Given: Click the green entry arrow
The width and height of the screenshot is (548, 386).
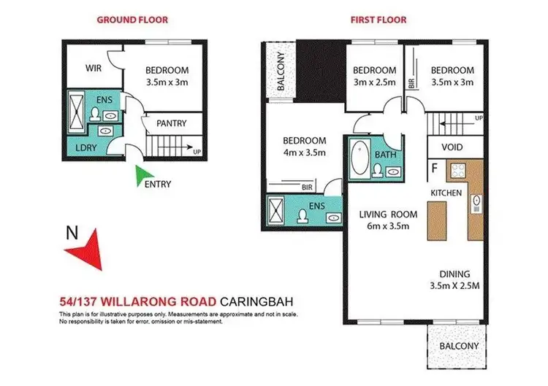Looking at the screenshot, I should point(145,174).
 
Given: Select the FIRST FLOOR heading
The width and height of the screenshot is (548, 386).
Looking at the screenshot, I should point(378,20).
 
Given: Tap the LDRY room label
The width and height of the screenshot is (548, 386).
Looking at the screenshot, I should point(78,147).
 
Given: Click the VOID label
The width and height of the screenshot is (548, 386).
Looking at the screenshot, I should point(452,147).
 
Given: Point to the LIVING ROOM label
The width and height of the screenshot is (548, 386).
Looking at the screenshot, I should point(387,215).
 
